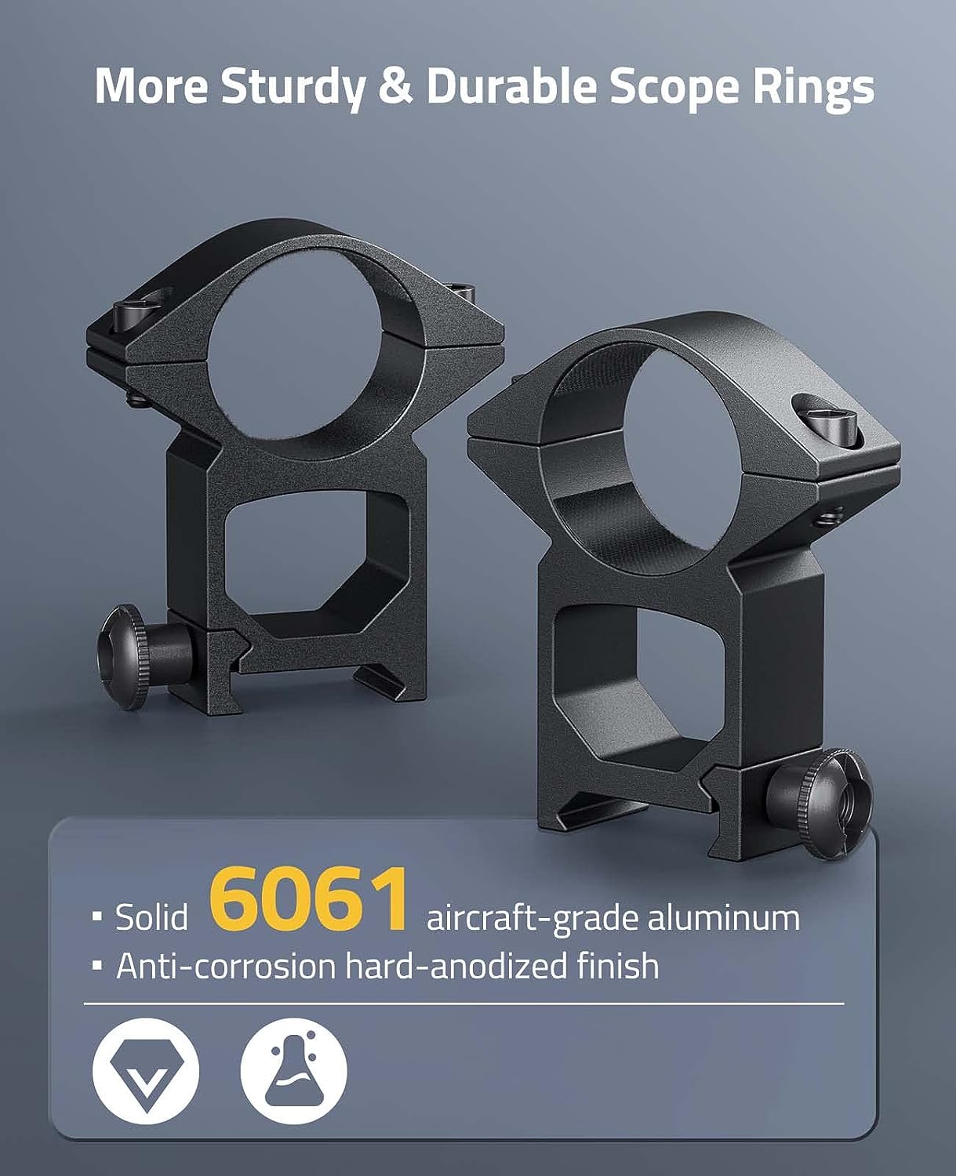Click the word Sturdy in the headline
coord(293,88)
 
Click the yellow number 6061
coord(309,898)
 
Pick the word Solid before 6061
coord(151,917)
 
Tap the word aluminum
coord(723,917)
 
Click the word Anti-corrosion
coord(226,965)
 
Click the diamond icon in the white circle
coord(146,1071)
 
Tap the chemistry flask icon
coord(293,1071)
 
